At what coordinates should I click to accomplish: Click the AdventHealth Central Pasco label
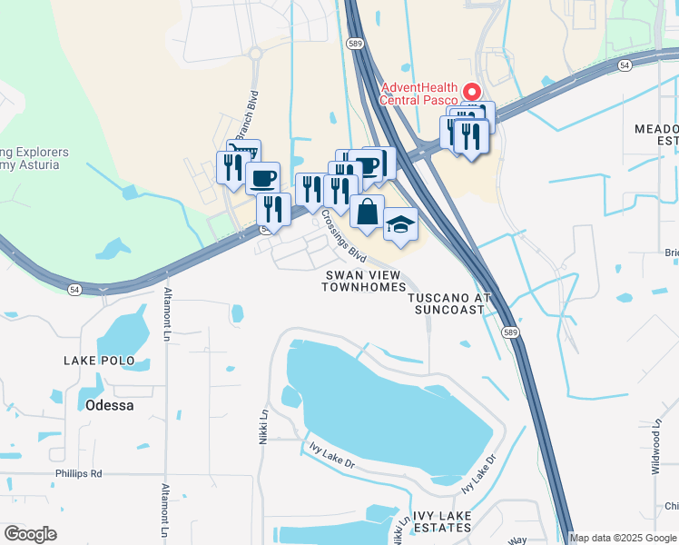tap(420, 94)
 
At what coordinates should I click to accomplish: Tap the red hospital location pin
tap(471, 92)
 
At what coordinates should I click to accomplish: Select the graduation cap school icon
tap(400, 223)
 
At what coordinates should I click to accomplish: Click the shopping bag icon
tap(367, 212)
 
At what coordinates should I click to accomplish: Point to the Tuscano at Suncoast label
tap(449, 303)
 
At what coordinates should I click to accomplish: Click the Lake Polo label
tap(99, 361)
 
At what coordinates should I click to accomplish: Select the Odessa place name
tap(109, 405)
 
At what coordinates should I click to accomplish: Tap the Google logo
tap(30, 534)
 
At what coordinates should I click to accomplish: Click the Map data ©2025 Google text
tap(623, 538)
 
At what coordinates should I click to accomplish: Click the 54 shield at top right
tap(625, 65)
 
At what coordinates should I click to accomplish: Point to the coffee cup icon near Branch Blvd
tap(262, 176)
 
